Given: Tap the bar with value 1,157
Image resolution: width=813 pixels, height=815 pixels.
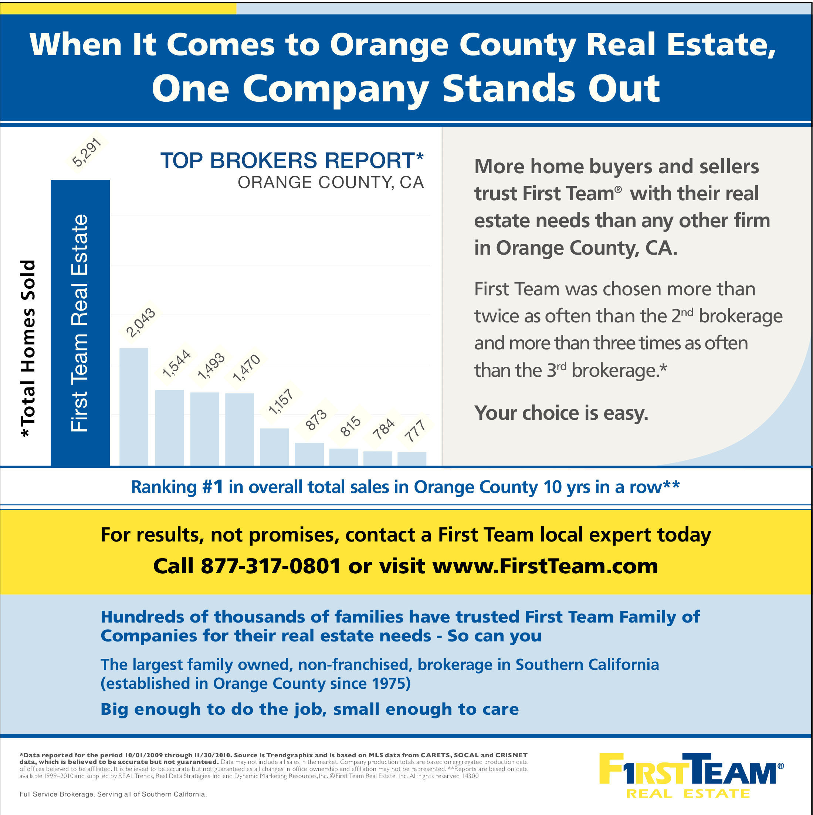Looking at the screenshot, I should coord(274,447).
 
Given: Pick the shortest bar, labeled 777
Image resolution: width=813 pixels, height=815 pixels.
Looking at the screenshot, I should coord(412,459).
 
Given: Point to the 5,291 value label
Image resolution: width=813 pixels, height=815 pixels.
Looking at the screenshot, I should coord(87,152).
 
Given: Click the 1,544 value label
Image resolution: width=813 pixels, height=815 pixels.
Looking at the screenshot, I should coord(176,363).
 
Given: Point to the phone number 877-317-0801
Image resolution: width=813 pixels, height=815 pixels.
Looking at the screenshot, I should coord(270,566).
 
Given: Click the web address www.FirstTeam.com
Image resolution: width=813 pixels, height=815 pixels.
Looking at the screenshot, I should coord(545,566).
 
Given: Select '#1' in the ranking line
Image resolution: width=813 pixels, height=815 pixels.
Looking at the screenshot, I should coord(213,487).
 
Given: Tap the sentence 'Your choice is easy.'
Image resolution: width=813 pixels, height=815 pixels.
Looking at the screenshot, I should coord(561,413).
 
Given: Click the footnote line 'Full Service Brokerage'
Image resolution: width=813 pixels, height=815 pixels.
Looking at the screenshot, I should coord(113,794).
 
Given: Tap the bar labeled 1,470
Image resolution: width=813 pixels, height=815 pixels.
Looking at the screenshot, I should coord(240,429).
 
